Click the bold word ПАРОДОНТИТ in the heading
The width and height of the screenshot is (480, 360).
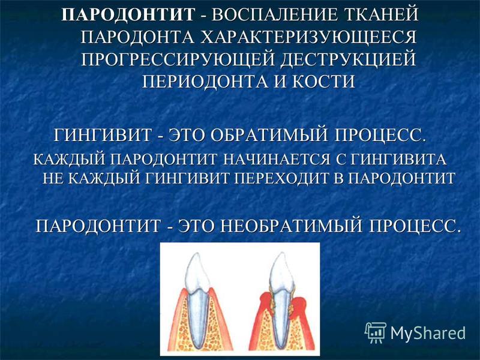click(128, 14)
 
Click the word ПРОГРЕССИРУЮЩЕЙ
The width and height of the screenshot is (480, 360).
click(178, 59)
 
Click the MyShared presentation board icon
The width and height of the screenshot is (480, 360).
click(376, 332)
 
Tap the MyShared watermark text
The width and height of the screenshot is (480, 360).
click(428, 332)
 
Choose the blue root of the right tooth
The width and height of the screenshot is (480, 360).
click(281, 316)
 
